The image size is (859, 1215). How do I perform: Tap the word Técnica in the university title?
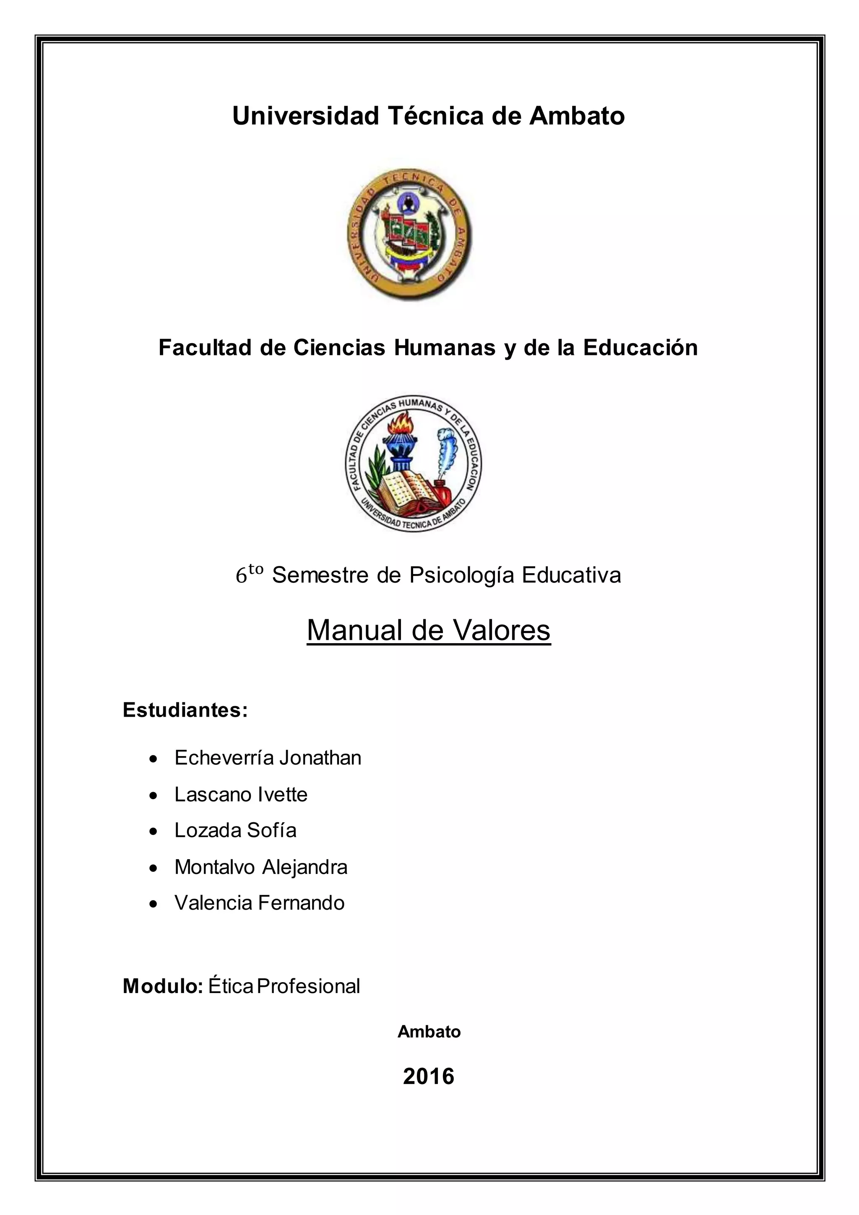coord(435,116)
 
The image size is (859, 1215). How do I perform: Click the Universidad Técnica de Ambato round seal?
coord(409,235)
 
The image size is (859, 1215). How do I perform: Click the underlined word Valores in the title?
coord(501,630)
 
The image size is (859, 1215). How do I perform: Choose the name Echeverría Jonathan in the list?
coord(268,758)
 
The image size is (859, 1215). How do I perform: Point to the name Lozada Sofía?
coord(235,830)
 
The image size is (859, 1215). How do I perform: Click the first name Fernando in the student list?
coord(301,903)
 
